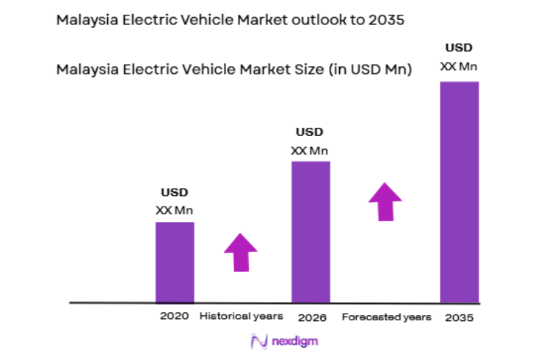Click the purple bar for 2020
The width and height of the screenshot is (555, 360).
[175, 262]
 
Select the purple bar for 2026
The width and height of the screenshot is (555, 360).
[311, 231]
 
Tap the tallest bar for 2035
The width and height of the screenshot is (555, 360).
[459, 192]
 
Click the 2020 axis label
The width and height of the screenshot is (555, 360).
[175, 316]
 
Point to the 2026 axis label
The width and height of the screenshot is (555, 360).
[312, 317]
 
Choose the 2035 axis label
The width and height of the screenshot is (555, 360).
[459, 317]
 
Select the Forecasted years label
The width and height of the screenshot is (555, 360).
[385, 317]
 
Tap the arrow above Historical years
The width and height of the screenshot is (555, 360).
[240, 252]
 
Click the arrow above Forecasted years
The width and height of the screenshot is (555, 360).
[385, 201]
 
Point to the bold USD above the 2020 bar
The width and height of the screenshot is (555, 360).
[175, 192]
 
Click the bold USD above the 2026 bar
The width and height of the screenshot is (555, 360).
[309, 132]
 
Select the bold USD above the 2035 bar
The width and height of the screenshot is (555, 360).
[459, 49]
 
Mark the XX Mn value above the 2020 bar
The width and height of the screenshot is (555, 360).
[175, 210]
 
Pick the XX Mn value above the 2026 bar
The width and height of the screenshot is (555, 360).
[309, 151]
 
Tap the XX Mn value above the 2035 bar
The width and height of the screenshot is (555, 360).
[459, 67]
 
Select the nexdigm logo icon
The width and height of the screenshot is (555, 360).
[258, 342]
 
